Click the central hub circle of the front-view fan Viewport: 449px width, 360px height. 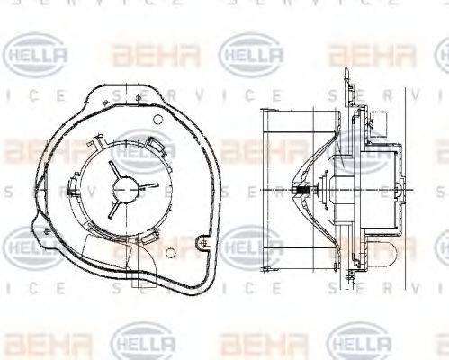tap(126, 190)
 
